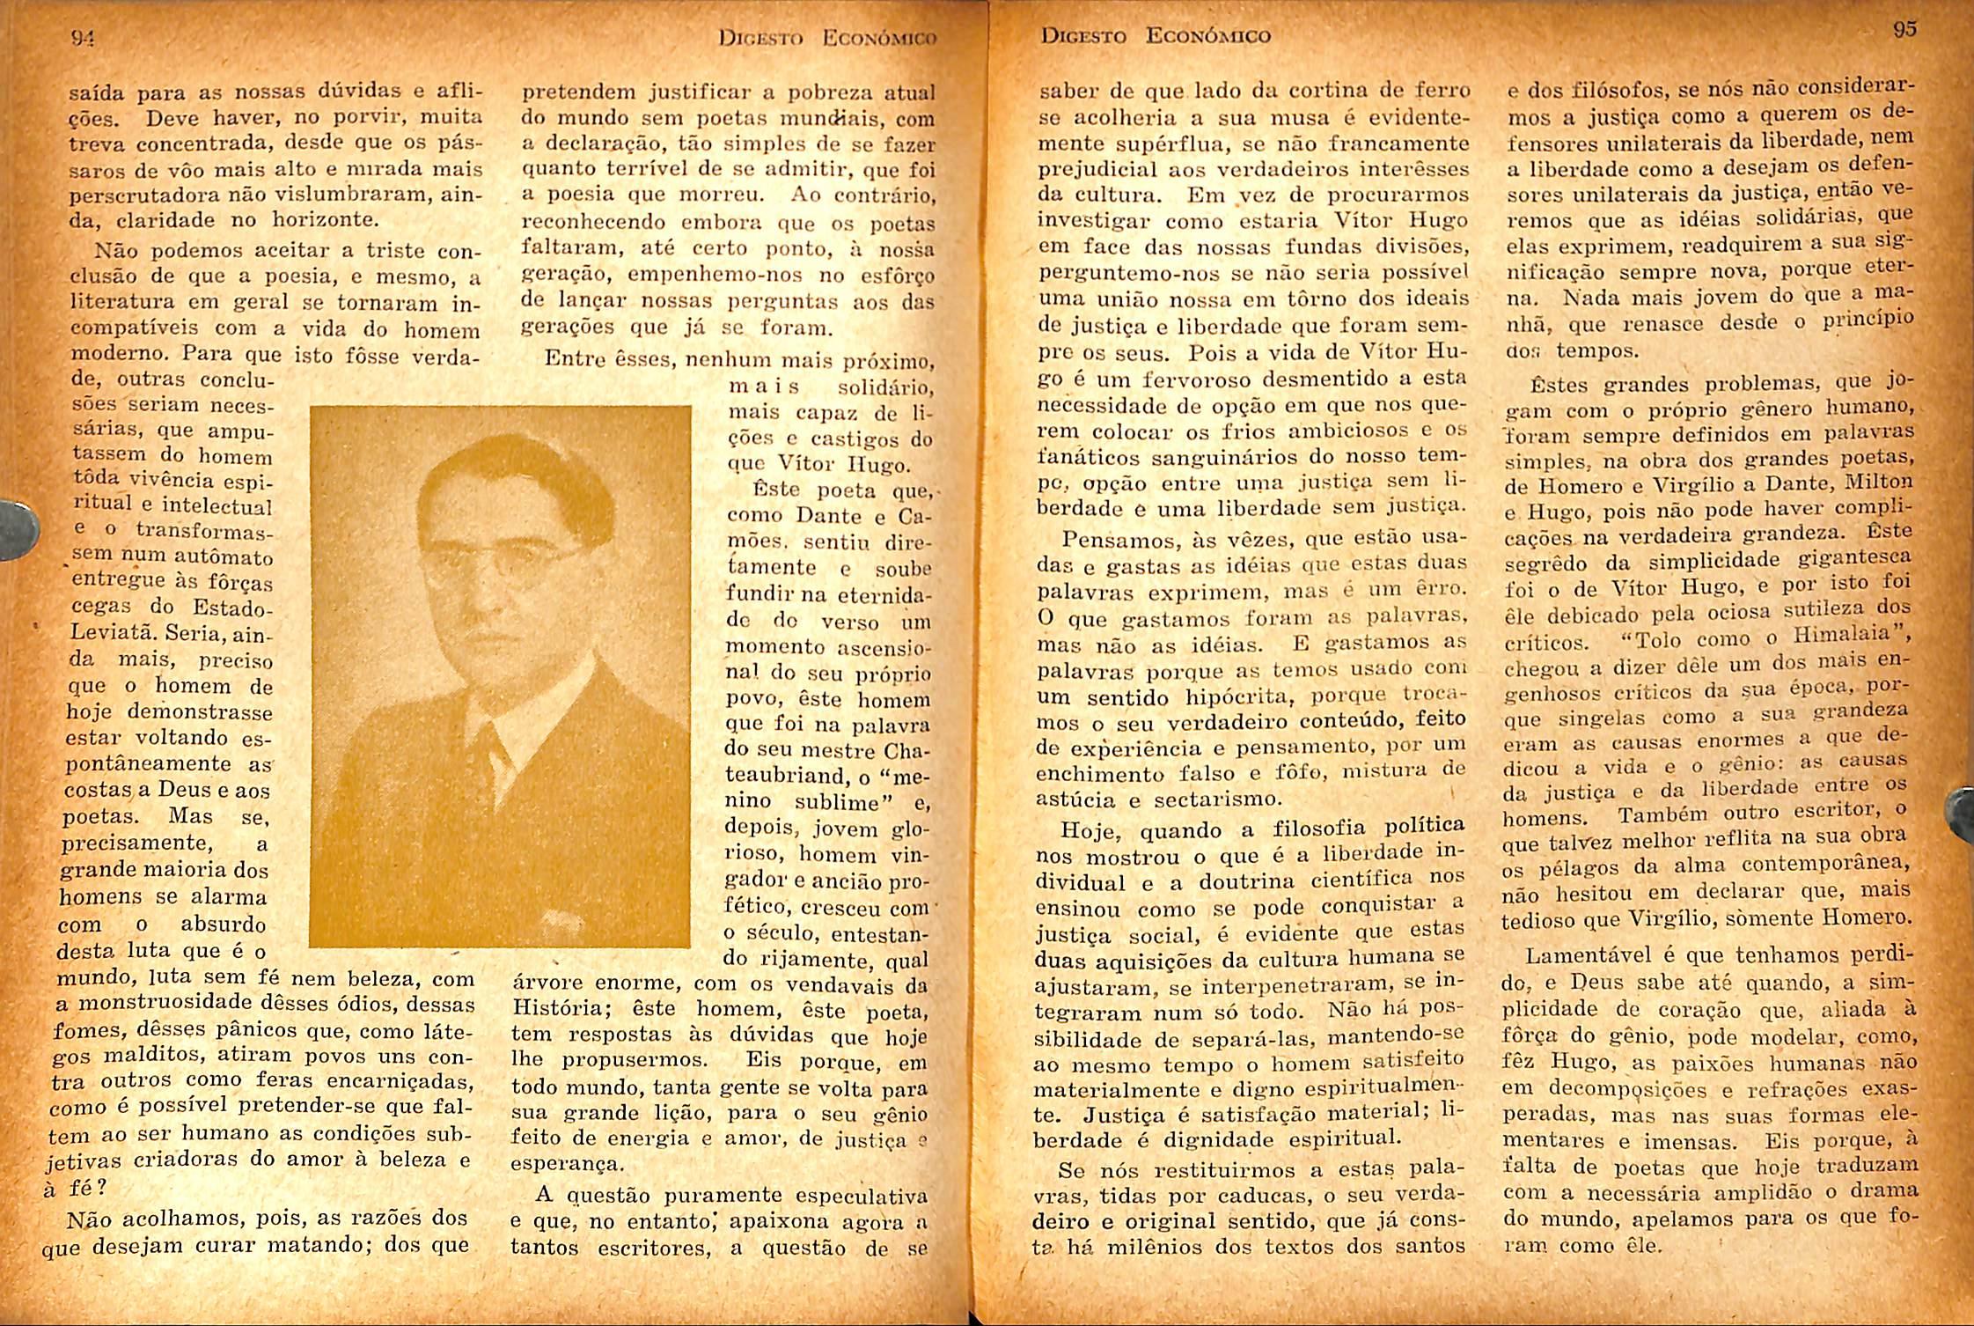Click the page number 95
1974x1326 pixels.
[1904, 29]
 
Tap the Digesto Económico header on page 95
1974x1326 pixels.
[1156, 36]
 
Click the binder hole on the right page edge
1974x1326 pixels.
[1962, 814]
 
